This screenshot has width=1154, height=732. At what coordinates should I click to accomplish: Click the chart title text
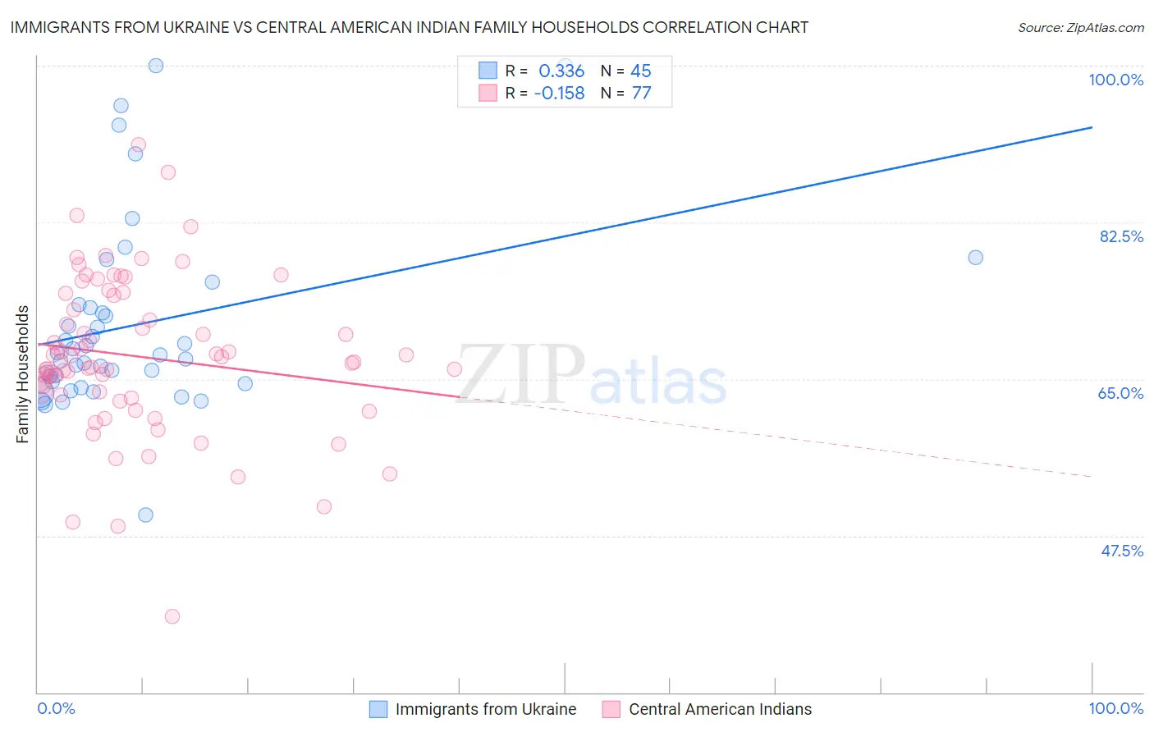[x=409, y=27]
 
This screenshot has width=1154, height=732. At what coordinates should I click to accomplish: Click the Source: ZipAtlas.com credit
[x=1080, y=27]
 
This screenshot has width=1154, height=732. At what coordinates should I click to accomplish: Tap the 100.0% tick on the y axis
[x=1115, y=80]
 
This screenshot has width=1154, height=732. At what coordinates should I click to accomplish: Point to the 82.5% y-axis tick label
[x=1121, y=236]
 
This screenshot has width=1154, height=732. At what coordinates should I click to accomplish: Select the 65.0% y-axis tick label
[x=1120, y=393]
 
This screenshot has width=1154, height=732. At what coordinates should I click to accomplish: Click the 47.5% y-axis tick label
[x=1121, y=551]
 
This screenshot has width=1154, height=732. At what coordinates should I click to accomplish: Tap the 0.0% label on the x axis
[x=56, y=708]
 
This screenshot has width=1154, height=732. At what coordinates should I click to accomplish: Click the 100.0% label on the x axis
[x=1115, y=708]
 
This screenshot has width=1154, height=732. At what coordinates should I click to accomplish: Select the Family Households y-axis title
[x=22, y=374]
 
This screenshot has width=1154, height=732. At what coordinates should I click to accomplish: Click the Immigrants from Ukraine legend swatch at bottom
[x=378, y=709]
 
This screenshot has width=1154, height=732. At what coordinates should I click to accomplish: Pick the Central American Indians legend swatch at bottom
[x=611, y=709]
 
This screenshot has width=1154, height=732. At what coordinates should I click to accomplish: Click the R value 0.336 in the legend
[x=561, y=71]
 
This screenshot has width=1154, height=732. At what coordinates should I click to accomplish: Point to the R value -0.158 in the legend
[x=559, y=93]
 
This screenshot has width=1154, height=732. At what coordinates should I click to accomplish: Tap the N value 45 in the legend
[x=640, y=71]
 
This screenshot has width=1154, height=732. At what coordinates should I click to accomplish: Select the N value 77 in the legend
[x=641, y=93]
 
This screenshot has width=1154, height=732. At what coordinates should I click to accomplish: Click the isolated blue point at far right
[x=975, y=258]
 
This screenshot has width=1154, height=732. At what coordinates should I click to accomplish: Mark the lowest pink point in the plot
[x=172, y=616]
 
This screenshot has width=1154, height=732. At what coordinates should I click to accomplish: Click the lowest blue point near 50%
[x=145, y=515]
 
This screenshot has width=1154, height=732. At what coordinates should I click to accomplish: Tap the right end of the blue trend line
[x=1092, y=127]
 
